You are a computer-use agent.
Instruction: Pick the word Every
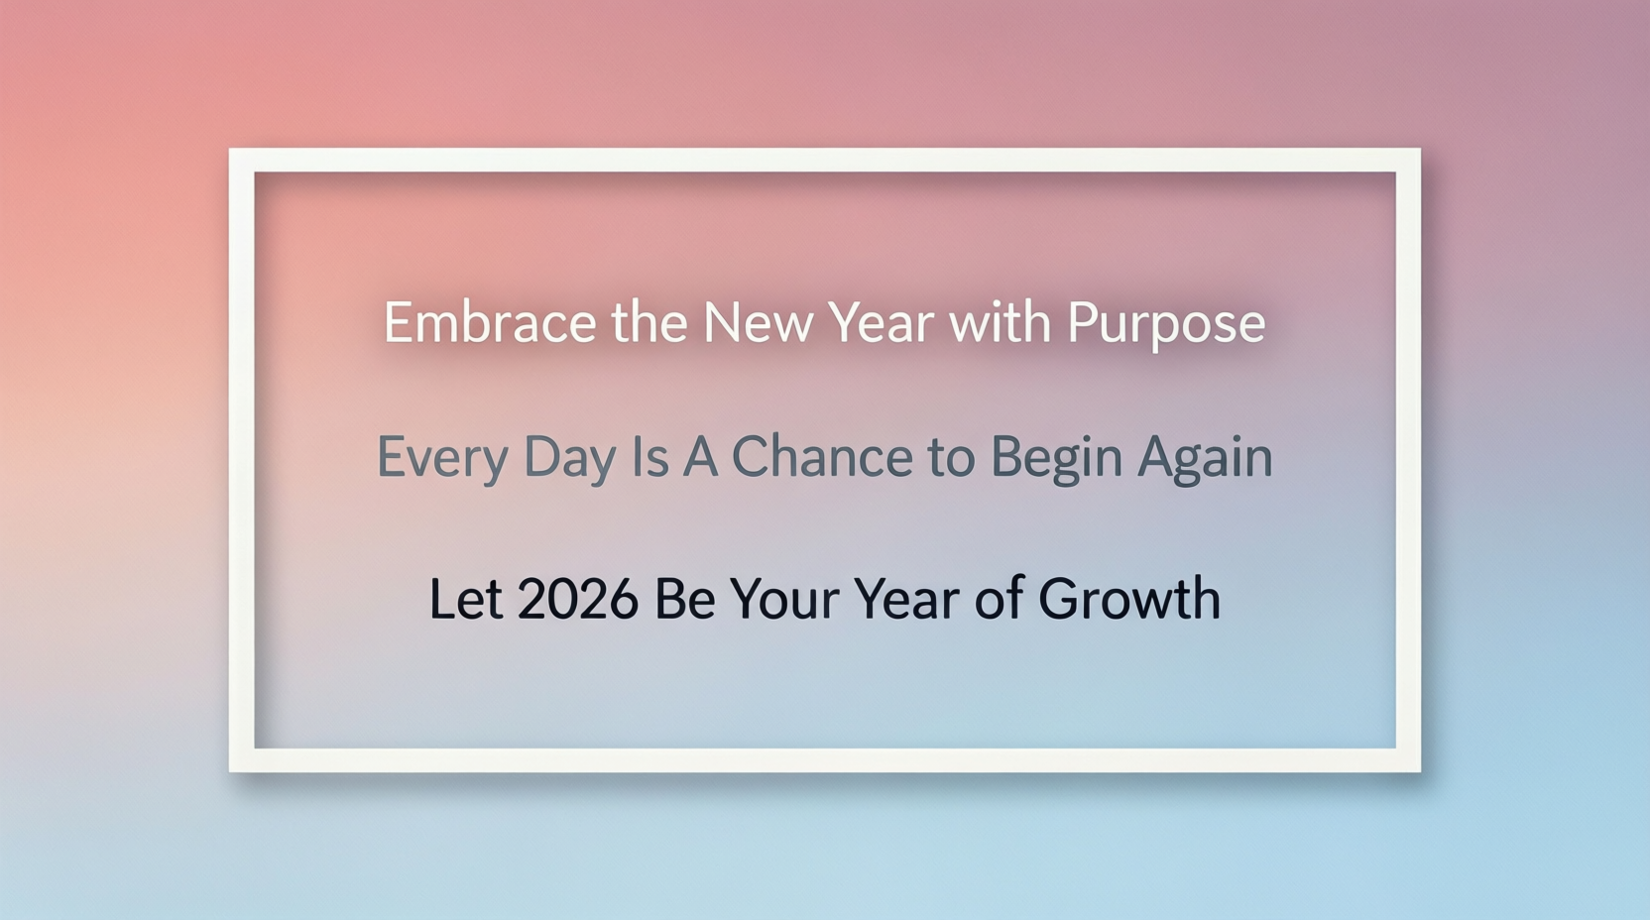442,459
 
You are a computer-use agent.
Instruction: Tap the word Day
569,459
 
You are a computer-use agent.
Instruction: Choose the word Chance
822,456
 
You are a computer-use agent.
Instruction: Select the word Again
1205,459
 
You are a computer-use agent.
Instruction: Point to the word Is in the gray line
650,457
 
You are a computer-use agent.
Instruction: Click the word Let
466,598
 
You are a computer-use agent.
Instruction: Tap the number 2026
577,598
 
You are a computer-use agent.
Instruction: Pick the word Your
784,598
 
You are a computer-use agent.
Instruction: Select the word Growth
1129,598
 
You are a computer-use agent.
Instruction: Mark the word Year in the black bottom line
906,598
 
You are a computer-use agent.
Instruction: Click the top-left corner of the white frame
230,150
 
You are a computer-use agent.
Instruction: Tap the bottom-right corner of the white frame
1419,771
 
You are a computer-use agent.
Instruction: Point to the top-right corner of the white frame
1419,150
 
